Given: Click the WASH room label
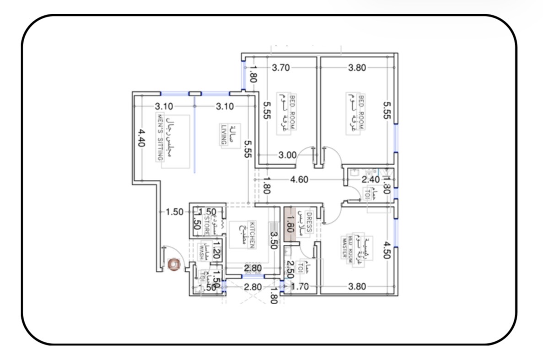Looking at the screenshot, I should point(201,252).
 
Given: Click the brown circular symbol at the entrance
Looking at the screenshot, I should point(174,264).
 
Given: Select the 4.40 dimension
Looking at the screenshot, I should point(141,138).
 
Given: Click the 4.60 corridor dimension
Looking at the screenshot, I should point(299,179).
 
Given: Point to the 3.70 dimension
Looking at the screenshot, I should point(280,68).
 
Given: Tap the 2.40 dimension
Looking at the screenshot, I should point(371,179).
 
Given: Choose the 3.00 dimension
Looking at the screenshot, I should point(287,155).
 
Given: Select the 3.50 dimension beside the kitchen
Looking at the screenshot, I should point(274,240).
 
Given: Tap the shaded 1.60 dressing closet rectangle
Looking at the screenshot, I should point(289,225).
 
